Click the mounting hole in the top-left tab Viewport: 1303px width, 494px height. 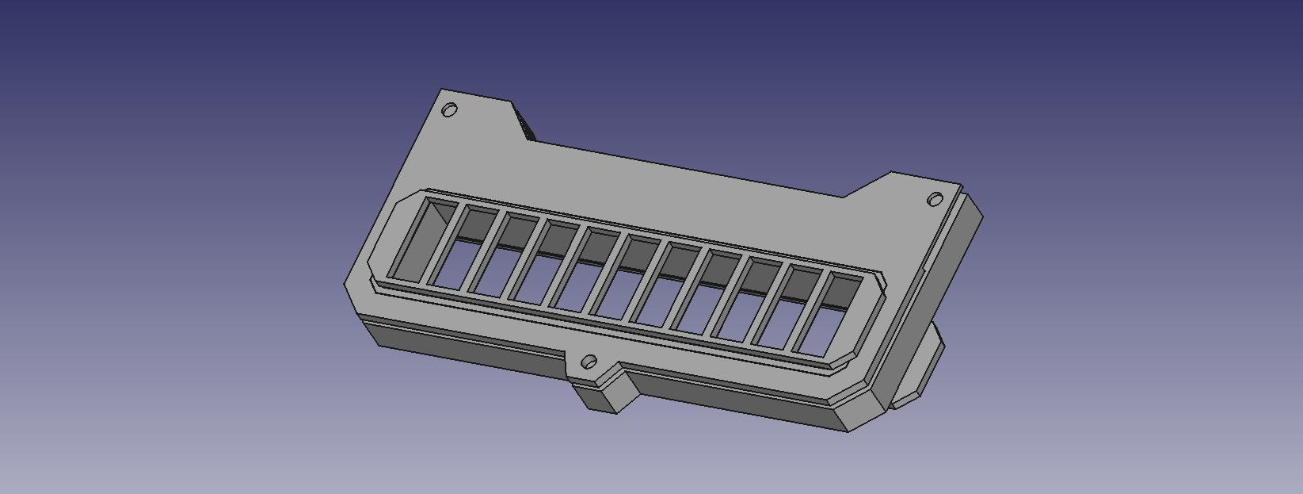(449, 109)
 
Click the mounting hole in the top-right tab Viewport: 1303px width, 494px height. (935, 199)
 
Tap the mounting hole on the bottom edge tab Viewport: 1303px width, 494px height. (589, 362)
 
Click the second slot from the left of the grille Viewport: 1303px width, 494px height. (460, 248)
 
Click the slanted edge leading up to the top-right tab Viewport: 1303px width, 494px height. (867, 184)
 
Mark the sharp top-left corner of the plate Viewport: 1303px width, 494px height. (442, 90)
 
